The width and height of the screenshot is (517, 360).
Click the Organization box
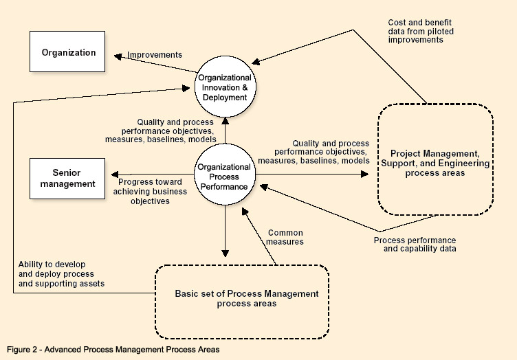click(x=68, y=53)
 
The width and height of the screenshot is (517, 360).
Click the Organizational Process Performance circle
click(x=224, y=176)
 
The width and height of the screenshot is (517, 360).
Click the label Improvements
click(x=155, y=55)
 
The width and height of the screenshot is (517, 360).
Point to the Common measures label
click(x=285, y=237)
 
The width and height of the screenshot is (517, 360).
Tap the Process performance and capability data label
click(x=415, y=245)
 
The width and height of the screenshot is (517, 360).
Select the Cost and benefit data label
click(x=421, y=31)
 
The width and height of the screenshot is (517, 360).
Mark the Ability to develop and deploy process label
click(x=61, y=273)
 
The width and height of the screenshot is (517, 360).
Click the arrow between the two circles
click(x=224, y=131)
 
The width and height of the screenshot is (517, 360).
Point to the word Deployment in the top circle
click(x=224, y=98)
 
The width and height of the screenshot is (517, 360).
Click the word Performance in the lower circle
click(x=224, y=185)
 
